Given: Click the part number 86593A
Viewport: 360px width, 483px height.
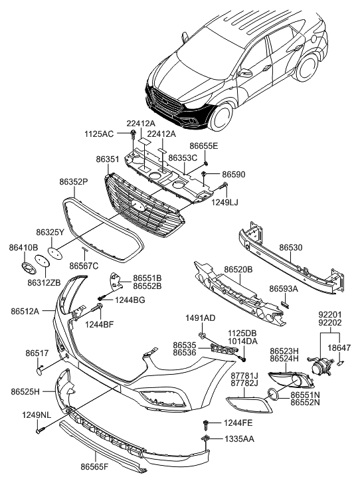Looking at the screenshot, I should point(284,290).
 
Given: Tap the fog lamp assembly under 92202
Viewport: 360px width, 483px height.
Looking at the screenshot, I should point(323,367).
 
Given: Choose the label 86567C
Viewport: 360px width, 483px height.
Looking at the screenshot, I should point(84,266).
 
